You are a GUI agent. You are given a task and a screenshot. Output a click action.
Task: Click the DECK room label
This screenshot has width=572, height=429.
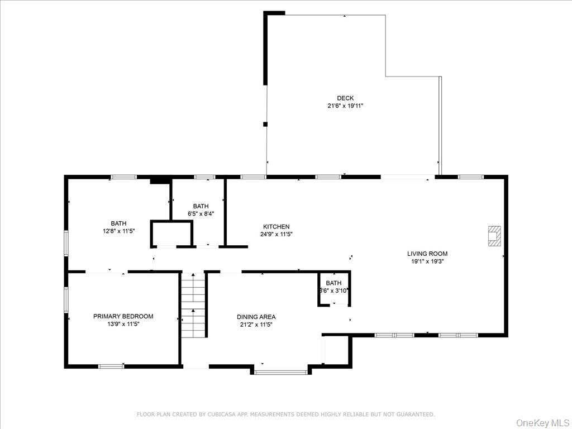point(345,98)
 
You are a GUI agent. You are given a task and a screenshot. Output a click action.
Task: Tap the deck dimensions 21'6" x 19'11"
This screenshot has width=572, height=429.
point(345,106)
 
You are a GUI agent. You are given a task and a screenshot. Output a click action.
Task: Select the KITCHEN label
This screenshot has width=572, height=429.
point(276,227)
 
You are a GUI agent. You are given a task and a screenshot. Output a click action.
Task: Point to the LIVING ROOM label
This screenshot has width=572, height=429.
point(427,254)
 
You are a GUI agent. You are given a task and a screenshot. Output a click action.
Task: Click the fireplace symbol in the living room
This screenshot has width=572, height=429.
point(494,236)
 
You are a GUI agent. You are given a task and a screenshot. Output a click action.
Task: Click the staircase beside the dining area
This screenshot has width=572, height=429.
point(193,305)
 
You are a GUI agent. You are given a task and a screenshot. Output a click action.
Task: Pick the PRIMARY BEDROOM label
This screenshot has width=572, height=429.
point(123,316)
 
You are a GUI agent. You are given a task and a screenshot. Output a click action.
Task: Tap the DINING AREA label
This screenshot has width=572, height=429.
point(256,317)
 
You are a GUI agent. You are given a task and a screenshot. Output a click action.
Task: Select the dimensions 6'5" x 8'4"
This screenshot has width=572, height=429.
point(201,213)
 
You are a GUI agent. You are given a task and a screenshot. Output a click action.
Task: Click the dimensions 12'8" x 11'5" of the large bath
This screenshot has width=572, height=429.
point(118,231)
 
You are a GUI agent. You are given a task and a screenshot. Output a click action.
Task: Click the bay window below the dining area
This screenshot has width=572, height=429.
point(281,371)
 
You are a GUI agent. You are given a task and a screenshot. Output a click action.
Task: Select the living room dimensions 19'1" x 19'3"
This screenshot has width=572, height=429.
point(427,261)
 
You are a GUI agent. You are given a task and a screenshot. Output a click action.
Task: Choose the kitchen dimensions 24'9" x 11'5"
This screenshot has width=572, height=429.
point(276,234)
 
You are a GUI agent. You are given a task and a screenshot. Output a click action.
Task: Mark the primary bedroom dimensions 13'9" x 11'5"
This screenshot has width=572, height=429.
point(123,323)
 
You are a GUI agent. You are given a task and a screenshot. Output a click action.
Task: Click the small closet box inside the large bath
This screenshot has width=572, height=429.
point(171,233)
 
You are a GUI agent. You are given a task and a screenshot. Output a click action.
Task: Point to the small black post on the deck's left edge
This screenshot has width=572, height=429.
point(265,124)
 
